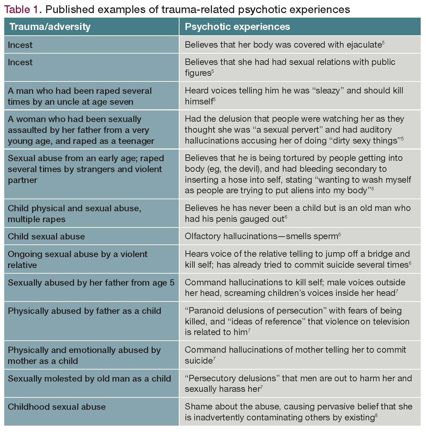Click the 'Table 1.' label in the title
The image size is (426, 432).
click(x=23, y=9)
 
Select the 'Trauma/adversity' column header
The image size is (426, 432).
click(x=50, y=27)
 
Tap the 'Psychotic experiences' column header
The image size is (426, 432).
click(x=237, y=27)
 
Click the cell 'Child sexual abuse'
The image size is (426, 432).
click(x=46, y=236)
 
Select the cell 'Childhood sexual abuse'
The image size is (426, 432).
click(x=56, y=407)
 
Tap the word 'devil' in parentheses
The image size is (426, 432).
click(x=269, y=169)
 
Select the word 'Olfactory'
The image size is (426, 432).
click(x=203, y=236)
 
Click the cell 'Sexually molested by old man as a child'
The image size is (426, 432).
click(x=89, y=378)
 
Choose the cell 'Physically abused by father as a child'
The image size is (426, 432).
click(x=84, y=311)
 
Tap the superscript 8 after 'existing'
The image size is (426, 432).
click(x=377, y=415)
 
